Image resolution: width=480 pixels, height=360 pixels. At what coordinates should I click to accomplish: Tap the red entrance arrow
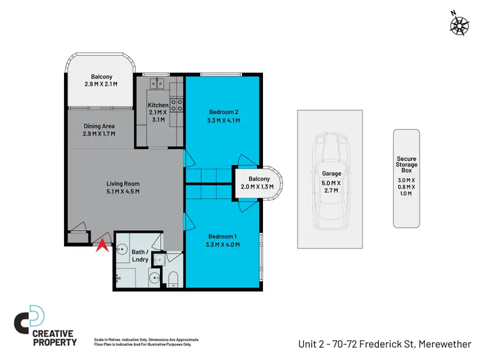tap(100, 244)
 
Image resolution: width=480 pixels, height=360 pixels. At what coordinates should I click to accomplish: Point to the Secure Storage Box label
tap(406, 165)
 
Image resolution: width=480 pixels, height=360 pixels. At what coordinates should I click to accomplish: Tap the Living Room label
tap(123, 184)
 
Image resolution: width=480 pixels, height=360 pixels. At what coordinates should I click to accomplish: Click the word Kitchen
tap(158, 105)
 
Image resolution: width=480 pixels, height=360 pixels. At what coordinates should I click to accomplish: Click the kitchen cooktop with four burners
tap(177, 106)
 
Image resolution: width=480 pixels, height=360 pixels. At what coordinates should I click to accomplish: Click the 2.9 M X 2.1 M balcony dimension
tap(100, 84)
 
